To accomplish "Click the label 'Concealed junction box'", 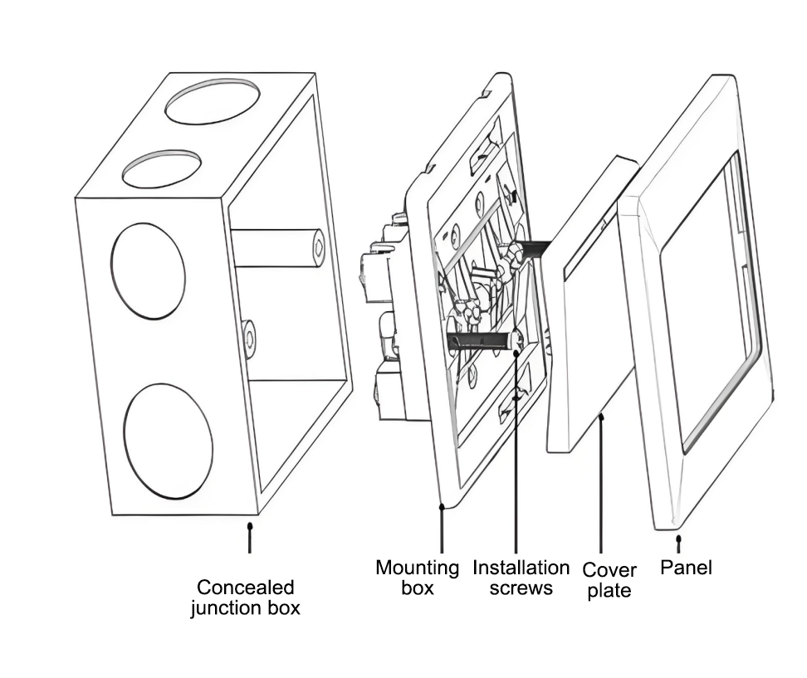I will tap(245, 598).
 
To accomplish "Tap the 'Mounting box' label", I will tap(417, 578).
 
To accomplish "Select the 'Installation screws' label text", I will tap(521, 578).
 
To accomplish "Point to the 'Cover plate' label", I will tap(609, 580).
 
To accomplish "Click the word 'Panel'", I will tap(686, 568).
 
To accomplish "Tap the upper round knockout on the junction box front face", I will tap(148, 271).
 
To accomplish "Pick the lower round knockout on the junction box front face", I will tap(168, 440).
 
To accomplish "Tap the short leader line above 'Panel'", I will tap(679, 544).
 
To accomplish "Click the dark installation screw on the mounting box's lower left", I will tap(477, 340).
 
